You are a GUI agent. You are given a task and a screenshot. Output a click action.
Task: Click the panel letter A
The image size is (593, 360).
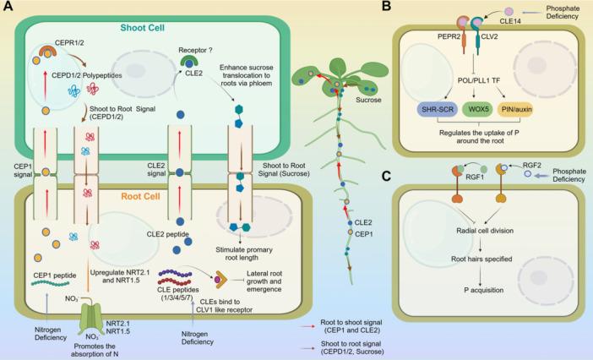(8, 8)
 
